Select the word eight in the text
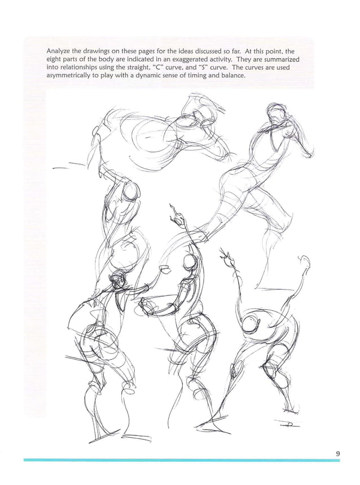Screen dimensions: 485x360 55,59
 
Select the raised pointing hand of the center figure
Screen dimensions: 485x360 177,215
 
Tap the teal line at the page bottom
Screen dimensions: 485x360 181,460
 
